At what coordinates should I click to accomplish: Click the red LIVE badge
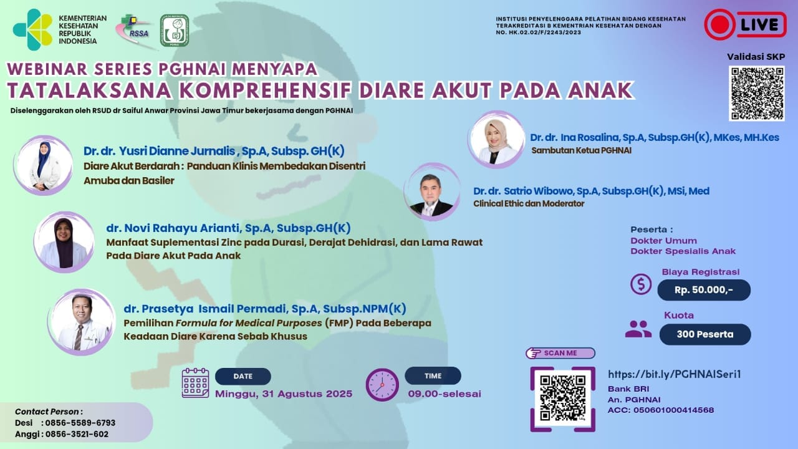point(745,24)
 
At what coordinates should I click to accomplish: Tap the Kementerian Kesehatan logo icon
point(33,29)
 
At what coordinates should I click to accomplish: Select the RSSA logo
point(135,31)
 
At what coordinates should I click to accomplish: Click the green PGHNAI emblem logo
point(175,31)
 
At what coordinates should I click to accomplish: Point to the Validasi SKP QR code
point(757,94)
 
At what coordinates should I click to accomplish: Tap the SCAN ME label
point(560,353)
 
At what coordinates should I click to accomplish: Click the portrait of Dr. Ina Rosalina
point(496,139)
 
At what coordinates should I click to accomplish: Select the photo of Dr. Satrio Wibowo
point(432,192)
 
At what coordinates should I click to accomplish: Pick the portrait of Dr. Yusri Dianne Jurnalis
point(43,165)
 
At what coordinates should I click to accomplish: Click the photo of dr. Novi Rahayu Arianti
point(64,243)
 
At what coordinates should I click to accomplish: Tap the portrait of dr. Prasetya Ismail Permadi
point(81,322)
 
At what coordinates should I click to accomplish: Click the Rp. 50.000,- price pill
point(704,290)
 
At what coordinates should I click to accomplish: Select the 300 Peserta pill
point(705,334)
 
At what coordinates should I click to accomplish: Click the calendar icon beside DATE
point(195,383)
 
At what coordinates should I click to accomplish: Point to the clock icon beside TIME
point(382,385)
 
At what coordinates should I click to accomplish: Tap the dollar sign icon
point(641,284)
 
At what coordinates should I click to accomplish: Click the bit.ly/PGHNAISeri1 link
point(675,374)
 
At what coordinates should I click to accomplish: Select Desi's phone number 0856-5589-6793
point(80,423)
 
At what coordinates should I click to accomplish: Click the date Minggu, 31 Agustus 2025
point(284,393)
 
